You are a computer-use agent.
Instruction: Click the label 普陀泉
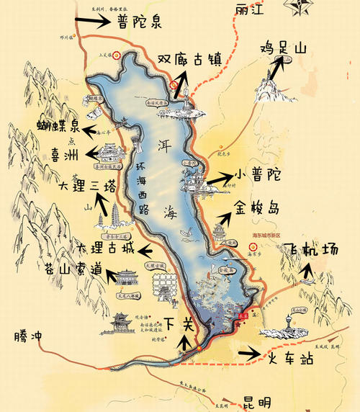click(x=142, y=21)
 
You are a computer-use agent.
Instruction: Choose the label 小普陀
click(x=257, y=175)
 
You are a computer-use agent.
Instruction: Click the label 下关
click(x=178, y=323)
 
